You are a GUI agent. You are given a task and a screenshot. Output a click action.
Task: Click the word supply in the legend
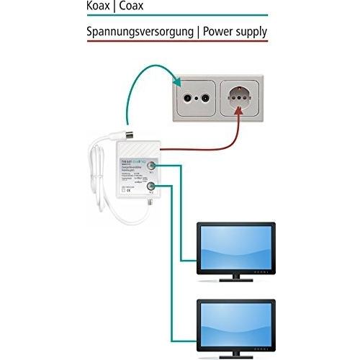[251, 32]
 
